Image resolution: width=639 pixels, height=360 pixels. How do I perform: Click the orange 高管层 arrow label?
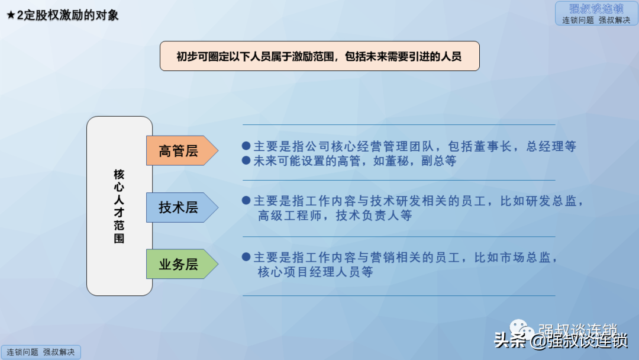(x=182, y=150)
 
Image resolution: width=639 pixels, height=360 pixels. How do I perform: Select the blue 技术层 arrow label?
(x=182, y=207)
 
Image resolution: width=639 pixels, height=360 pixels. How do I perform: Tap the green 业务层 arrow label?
(x=182, y=263)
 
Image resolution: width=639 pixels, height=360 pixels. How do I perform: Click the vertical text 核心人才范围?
(x=119, y=206)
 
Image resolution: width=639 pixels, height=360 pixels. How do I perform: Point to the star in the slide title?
(x=11, y=15)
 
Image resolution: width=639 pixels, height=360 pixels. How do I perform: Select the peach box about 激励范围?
(x=319, y=56)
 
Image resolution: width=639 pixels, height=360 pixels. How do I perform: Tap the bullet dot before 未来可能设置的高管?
(x=246, y=160)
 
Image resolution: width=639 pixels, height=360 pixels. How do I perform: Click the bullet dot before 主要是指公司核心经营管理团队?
(x=246, y=146)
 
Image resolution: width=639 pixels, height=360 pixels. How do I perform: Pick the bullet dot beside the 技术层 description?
(x=246, y=201)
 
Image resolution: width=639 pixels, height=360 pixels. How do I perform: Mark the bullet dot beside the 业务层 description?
(x=246, y=257)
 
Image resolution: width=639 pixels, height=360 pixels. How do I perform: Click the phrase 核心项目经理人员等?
(x=315, y=272)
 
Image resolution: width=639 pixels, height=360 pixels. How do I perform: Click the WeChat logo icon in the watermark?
(x=522, y=329)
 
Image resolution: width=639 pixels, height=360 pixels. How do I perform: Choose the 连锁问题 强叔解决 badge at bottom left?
(x=41, y=352)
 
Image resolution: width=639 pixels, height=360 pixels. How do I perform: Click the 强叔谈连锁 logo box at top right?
(x=596, y=14)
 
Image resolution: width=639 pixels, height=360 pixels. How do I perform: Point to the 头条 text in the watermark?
(x=510, y=340)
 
